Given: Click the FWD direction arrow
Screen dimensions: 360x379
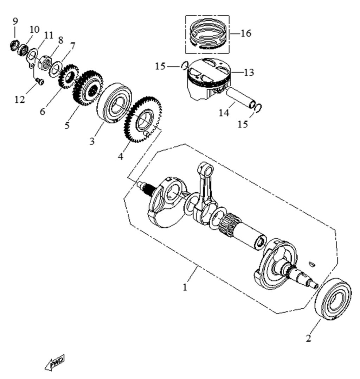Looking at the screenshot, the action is pos(55,362).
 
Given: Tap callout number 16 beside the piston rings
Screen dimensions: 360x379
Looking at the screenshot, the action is pos(246,33).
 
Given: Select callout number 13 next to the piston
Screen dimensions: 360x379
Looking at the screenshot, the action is pos(249,72).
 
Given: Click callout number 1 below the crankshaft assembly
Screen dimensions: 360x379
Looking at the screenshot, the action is pos(185,288).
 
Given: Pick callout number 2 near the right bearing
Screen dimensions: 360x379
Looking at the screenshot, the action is pos(309,338).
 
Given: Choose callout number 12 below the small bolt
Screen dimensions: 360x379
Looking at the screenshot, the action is pos(20,99).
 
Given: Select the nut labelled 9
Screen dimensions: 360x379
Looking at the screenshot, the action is pos(15,46).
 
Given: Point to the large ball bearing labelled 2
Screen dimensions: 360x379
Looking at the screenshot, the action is pos(333,299).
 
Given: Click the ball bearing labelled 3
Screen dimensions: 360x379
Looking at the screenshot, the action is pos(114,103).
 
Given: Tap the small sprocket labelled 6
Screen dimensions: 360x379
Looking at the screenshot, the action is pos(69,76).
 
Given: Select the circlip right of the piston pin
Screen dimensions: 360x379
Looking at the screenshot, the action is pos(258,108).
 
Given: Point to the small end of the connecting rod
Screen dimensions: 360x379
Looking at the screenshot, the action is pos(206,169).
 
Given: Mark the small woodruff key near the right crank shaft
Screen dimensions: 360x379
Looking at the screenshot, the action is pos(312,264).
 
